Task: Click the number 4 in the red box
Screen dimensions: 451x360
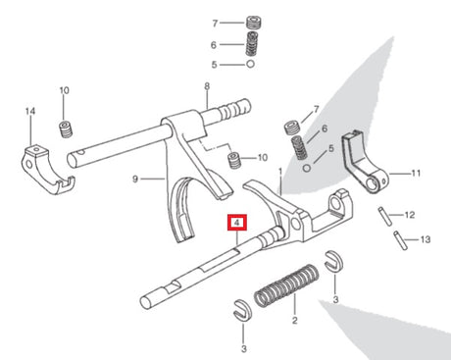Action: [x=237, y=223]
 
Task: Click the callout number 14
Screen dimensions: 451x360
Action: [x=30, y=111]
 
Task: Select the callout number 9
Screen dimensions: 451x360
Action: [x=135, y=179]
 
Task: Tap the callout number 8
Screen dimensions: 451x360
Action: [x=207, y=86]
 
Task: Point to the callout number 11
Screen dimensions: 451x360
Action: [x=416, y=173]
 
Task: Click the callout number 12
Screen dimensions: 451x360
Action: [x=410, y=215]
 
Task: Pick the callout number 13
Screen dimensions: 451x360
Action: [x=426, y=239]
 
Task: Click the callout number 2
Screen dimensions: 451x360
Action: [x=295, y=320]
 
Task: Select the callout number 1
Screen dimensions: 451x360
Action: [x=280, y=171]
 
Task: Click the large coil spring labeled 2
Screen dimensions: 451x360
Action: [x=286, y=285]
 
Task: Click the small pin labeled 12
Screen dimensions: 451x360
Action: [x=384, y=216]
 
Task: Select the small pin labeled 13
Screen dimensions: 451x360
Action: [x=400, y=240]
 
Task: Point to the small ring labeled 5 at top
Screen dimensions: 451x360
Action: [x=250, y=64]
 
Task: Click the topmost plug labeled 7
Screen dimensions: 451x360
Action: [x=254, y=23]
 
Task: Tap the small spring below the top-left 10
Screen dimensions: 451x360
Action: [x=66, y=129]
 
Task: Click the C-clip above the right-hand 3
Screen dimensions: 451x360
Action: [x=334, y=261]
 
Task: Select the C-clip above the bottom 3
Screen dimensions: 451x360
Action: [x=242, y=309]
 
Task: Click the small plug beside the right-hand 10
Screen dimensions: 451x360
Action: [x=234, y=160]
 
